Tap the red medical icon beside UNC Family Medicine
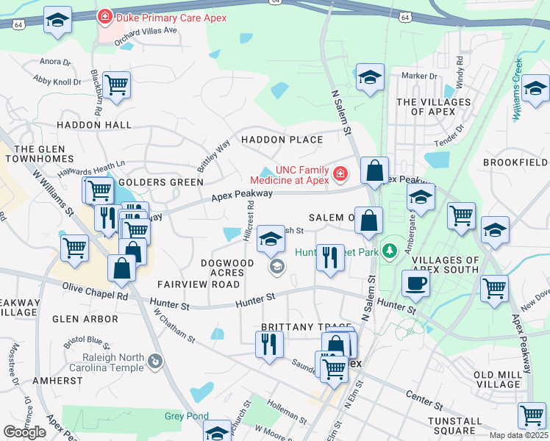(340, 174)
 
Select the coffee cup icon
(415, 284)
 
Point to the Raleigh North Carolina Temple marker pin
(154, 361)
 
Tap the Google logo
(25, 432)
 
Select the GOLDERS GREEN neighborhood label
(160, 182)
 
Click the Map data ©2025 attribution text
(518, 435)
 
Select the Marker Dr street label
(420, 76)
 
